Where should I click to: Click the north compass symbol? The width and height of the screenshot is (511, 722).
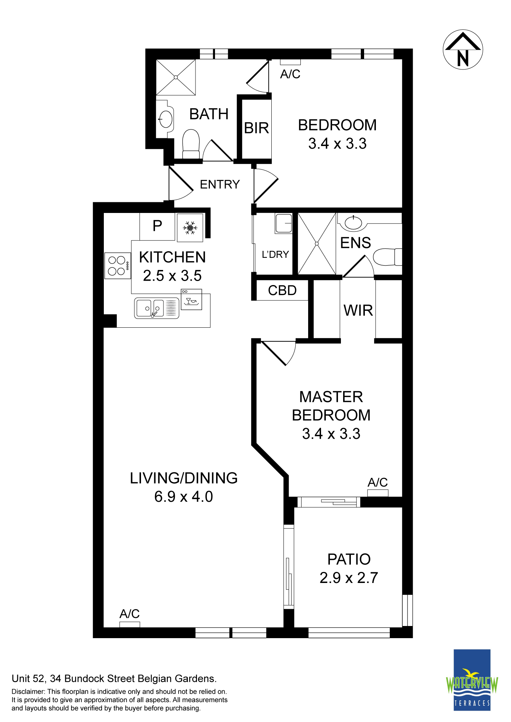(463, 50)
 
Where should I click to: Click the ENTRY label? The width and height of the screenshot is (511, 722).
(220, 184)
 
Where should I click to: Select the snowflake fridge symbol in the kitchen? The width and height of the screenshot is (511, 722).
(190, 228)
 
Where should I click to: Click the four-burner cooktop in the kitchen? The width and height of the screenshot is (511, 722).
(118, 266)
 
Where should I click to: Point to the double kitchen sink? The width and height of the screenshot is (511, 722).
(156, 308)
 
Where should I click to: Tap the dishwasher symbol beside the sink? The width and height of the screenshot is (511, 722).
(191, 299)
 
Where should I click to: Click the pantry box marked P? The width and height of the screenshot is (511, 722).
(157, 227)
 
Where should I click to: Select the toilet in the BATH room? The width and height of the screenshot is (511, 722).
(191, 144)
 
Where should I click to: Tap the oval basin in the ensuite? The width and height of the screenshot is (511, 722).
(353, 223)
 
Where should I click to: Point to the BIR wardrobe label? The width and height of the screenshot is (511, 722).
(257, 128)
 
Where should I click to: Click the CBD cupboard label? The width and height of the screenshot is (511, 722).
(282, 291)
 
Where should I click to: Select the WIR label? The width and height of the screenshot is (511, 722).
(358, 310)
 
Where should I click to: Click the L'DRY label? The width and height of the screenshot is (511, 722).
(275, 254)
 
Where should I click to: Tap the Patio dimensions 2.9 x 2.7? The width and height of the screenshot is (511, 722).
(349, 578)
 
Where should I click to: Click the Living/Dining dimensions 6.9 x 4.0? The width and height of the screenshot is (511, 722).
(183, 497)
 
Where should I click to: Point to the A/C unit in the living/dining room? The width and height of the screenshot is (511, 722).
(130, 624)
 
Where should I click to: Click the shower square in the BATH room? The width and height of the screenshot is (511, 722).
(176, 77)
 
